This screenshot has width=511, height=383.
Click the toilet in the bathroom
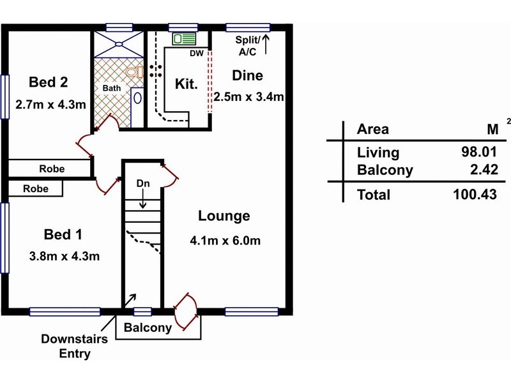coord(135,72)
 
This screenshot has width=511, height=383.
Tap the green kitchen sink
coord(184,39)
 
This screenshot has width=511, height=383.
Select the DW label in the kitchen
coord(197,54)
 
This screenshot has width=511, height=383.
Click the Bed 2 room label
coord(49,82)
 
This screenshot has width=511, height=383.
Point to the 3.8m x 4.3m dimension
coord(65,257)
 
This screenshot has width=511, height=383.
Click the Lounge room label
coord(224,216)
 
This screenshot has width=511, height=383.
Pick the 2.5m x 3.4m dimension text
coord(248,97)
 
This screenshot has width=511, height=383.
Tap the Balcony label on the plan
coord(148,327)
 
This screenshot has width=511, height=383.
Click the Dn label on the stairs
coord(143,183)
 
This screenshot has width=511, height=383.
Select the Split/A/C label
coord(248,46)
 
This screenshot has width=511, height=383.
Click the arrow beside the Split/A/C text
coord(266,44)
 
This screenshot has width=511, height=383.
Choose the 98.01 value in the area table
coord(478,152)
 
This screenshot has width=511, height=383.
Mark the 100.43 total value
coord(475,195)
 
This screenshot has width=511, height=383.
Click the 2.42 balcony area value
coord(484,170)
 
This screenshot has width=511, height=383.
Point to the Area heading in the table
coord(373,130)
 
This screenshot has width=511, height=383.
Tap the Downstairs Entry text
coord(75,346)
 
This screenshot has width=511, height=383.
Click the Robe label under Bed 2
coord(52,169)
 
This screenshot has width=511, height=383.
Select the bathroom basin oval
coord(137,98)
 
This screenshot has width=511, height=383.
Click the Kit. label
coord(187,84)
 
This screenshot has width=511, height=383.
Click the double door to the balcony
coord(186,312)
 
